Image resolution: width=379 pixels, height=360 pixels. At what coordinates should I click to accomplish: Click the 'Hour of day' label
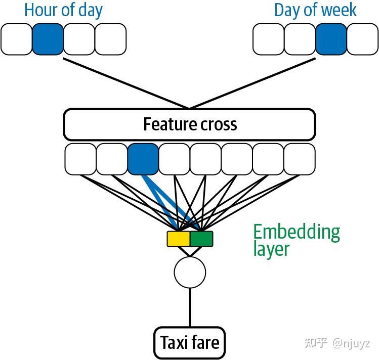coord(63,10)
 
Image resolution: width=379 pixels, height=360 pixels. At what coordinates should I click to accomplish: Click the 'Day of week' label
coord(315,10)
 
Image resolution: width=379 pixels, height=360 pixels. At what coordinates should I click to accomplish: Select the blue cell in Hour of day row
coord(48,40)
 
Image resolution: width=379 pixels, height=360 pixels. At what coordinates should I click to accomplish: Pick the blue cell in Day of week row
coord(331,40)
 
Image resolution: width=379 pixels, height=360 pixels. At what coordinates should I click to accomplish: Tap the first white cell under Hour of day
coord(16,40)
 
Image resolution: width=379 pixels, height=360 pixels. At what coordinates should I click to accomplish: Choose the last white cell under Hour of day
coord(110,40)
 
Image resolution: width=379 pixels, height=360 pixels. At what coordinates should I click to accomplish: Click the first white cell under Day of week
coord(268,40)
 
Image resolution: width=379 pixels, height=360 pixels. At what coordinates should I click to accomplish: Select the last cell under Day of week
coord(362,40)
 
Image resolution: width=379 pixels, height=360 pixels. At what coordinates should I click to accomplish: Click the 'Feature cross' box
coord(189,124)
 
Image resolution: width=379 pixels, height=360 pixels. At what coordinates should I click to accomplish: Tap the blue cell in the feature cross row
coord(143,159)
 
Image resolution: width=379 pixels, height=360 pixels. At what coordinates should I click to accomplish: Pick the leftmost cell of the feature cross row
coord(80,159)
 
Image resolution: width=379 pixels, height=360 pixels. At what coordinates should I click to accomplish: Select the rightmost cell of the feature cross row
coord(300,159)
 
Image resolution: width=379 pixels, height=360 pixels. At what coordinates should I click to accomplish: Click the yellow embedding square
coord(178,239)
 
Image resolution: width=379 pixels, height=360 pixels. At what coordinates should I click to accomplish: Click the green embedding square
coord(201,239)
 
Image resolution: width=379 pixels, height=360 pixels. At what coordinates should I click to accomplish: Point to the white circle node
coord(190,272)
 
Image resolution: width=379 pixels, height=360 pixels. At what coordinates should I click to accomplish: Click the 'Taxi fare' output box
coord(190,342)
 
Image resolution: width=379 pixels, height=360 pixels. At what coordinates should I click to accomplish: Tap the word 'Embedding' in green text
coord(297,232)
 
